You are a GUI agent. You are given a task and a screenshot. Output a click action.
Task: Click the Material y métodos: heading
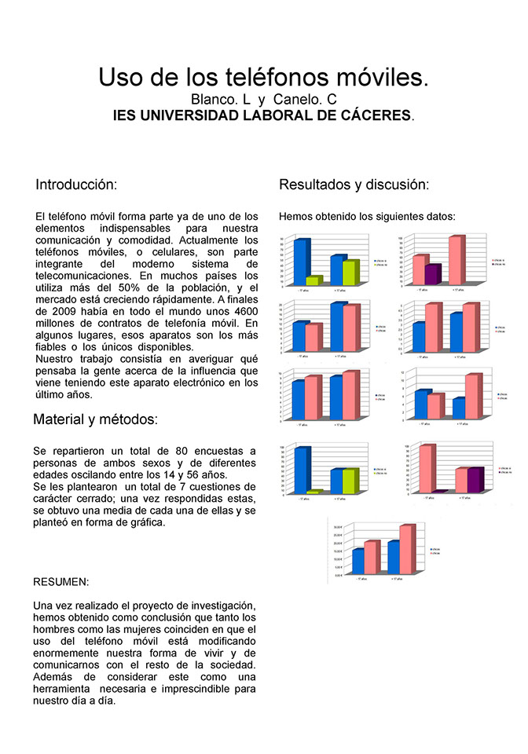95,419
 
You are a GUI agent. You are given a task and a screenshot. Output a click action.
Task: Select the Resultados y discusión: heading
354,185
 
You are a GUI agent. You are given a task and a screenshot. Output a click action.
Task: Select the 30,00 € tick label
338,527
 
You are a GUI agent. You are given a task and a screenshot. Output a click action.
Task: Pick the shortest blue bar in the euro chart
358,562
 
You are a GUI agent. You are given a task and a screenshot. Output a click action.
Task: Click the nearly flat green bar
314,492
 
